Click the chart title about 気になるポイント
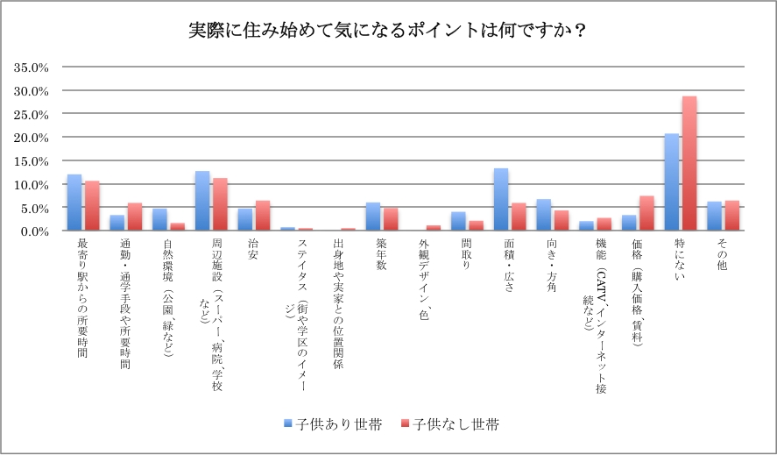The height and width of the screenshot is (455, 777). [388, 30]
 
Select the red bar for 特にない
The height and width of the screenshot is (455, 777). [689, 164]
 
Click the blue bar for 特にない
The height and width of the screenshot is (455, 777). [672, 182]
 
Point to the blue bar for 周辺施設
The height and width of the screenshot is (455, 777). [202, 201]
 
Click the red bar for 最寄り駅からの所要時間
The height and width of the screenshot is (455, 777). [92, 206]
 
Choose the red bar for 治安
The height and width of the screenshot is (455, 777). [262, 217]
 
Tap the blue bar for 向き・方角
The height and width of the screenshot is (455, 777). [544, 216]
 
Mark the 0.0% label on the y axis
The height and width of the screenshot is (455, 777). [33, 231]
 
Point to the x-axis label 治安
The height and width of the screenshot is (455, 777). [252, 249]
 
